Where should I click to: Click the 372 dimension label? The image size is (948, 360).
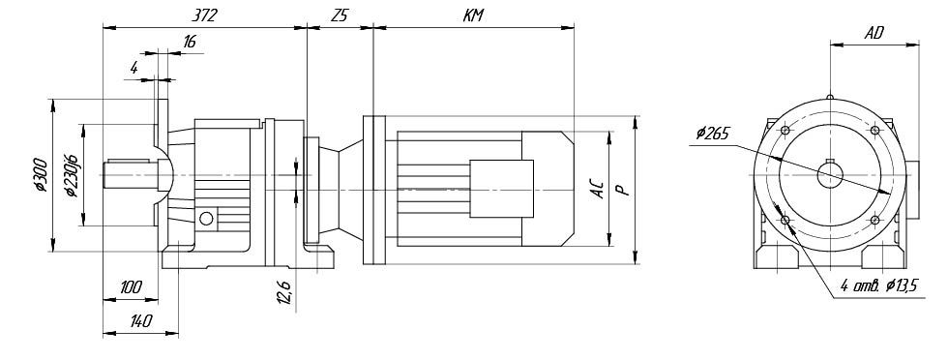(205, 15)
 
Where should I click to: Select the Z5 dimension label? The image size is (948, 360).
(340, 15)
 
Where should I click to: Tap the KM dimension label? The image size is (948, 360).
(473, 15)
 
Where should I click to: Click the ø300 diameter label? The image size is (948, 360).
(41, 175)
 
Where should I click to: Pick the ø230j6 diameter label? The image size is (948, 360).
(71, 175)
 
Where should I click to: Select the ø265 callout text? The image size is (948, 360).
(712, 133)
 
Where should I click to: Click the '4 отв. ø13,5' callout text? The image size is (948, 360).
(878, 285)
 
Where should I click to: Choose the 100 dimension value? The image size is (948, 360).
(131, 287)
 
